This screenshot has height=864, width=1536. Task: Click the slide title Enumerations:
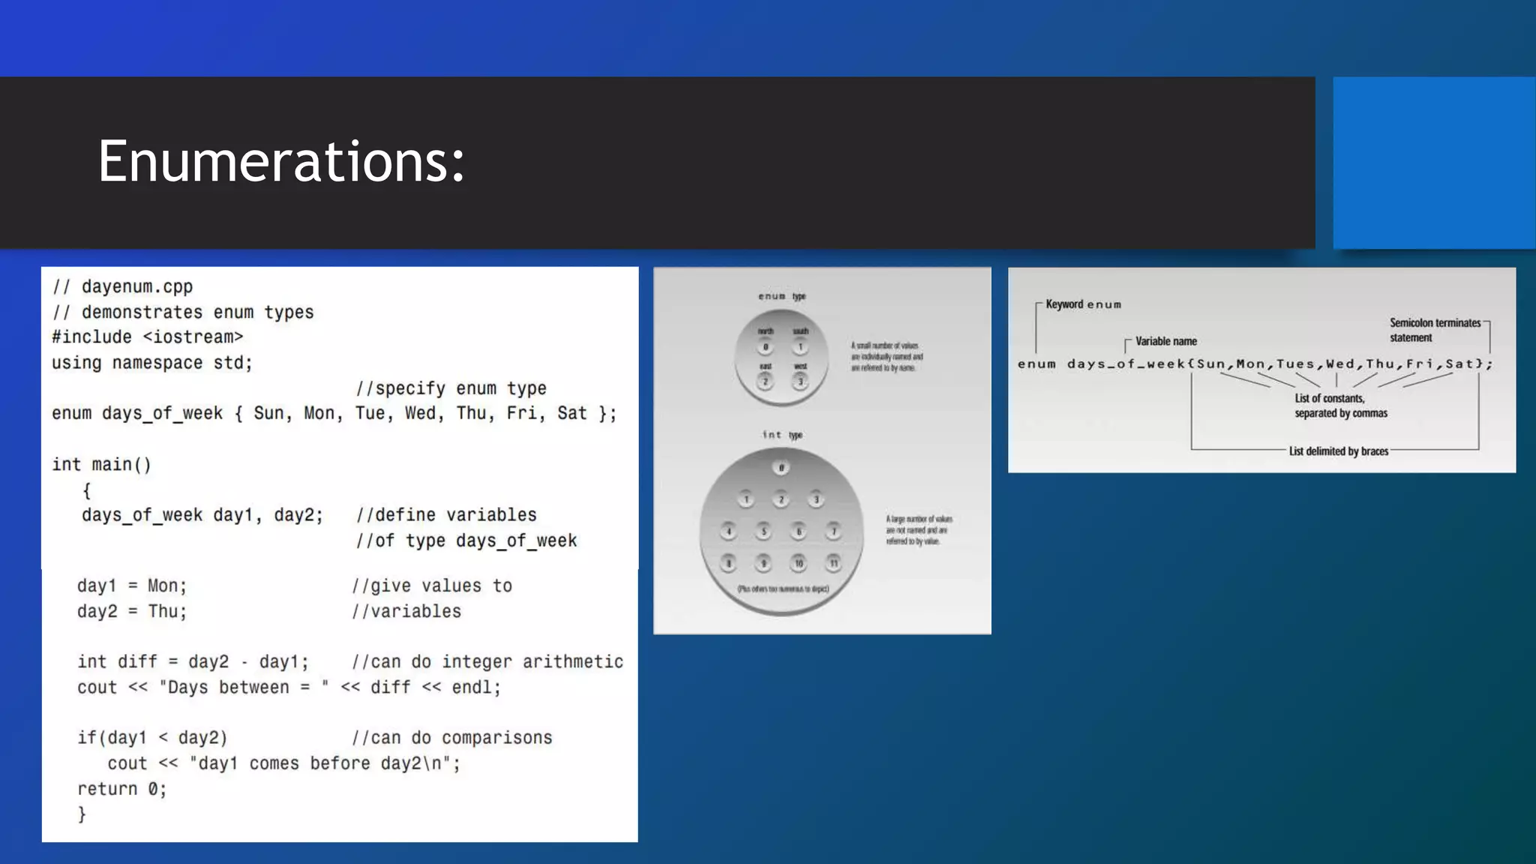[281, 161]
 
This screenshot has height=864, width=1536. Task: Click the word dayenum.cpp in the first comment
[137, 286]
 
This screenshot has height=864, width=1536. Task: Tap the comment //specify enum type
[451, 388]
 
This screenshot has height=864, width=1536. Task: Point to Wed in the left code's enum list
[420, 413]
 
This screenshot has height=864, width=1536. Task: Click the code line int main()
[101, 465]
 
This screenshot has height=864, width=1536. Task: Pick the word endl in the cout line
[472, 688]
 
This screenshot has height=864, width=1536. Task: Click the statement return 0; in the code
[121, 789]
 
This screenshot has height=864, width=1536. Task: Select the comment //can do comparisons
[451, 738]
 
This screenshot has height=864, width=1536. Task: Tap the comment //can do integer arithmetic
[487, 662]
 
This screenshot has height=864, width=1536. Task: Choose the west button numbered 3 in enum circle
[800, 382]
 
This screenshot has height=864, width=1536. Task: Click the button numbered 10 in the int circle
[799, 563]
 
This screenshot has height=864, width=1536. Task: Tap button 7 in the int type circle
[833, 532]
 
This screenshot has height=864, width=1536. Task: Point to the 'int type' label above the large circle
[782, 435]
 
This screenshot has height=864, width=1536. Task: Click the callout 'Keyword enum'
[1083, 304]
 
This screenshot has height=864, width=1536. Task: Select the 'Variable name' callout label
[1165, 341]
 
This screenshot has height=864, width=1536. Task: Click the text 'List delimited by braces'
[1338, 451]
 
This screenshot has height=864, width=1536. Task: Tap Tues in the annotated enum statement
[1295, 364]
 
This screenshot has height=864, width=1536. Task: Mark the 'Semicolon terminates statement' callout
[1434, 330]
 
